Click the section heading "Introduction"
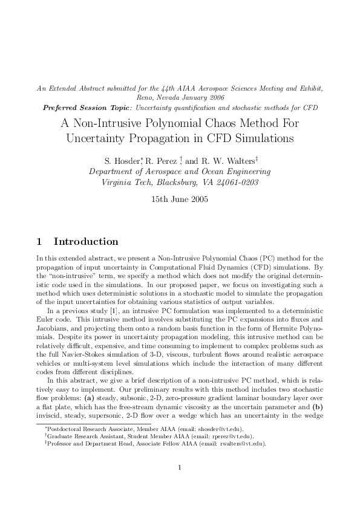pyautogui.click(x=86, y=242)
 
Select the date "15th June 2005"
pyautogui.click(x=180, y=199)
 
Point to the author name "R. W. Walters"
pyautogui.click(x=227, y=161)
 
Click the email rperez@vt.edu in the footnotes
pyautogui.click(x=232, y=435)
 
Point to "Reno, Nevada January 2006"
pyautogui.click(x=180, y=97)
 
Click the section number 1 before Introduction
pyautogui.click(x=39, y=242)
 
